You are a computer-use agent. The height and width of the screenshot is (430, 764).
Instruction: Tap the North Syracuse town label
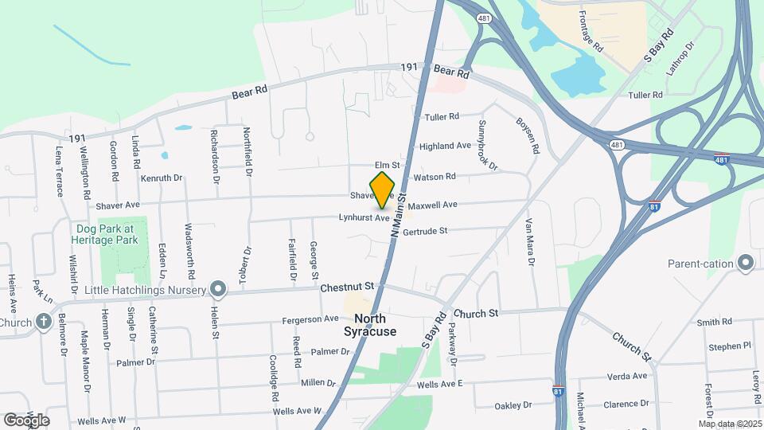coord(370,325)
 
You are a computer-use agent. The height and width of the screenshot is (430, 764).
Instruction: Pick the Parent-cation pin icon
coord(745,262)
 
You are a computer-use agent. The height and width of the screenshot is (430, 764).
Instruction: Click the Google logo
coord(26,420)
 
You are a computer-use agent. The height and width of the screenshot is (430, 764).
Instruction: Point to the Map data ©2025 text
coord(730,424)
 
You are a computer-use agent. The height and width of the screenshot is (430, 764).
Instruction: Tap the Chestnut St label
coord(347,285)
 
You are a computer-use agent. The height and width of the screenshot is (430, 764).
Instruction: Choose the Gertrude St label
coord(426,231)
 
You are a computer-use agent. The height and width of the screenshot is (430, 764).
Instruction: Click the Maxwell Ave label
coord(434,205)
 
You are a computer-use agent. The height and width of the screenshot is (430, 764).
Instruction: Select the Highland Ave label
coord(445,146)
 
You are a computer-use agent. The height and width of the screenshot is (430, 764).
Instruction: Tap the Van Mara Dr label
coord(529,242)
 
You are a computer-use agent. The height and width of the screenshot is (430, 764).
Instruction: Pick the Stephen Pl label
coord(730,346)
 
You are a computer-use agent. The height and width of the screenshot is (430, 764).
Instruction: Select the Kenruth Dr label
coord(162,178)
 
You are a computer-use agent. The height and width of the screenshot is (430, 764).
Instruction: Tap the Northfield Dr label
coord(248,151)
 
